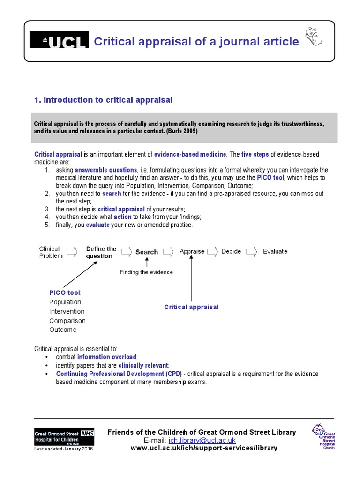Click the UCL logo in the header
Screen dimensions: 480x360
point(59,41)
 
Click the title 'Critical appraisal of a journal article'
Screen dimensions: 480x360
point(196,42)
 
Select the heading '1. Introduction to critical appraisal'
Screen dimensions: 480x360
point(104,100)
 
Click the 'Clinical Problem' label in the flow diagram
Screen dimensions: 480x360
point(50,252)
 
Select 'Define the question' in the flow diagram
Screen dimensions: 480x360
point(101,252)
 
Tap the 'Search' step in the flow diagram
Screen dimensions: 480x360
point(146,252)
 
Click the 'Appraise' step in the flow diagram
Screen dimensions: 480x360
point(192,251)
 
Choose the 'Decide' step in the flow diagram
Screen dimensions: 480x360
point(231,251)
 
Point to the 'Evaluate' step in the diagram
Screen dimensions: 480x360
point(275,251)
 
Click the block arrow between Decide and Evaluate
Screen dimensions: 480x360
point(252,252)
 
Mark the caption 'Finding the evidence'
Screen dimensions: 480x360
point(146,272)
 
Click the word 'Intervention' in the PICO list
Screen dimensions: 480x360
point(67,311)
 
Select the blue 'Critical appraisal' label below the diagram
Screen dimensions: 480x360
point(191,307)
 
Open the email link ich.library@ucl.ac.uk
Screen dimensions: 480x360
point(202,441)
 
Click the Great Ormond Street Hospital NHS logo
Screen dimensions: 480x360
point(64,437)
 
